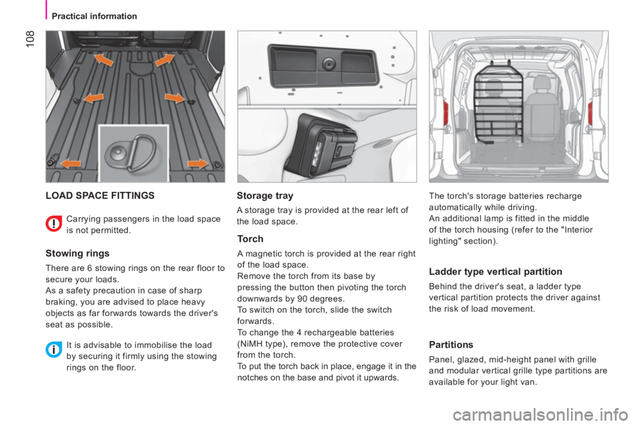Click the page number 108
point(31,39)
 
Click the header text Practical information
point(94,16)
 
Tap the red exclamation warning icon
point(53,224)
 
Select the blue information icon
point(53,349)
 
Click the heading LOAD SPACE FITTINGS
point(100,196)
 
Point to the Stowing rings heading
point(77,254)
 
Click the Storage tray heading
point(265,196)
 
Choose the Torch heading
point(250,239)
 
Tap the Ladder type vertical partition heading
point(495,272)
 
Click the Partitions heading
point(451,345)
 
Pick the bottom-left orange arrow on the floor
point(71,164)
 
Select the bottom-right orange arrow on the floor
point(197,164)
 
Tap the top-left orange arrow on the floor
point(104,60)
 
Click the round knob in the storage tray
point(328,64)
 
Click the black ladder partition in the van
point(499,103)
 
